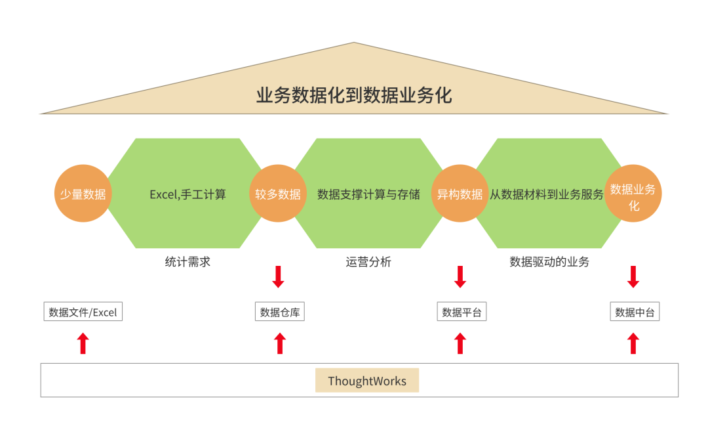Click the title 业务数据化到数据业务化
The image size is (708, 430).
(x=354, y=96)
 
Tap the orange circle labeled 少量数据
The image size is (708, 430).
(x=83, y=194)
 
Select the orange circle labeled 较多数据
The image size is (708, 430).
(x=278, y=194)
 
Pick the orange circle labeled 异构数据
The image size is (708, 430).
(x=460, y=194)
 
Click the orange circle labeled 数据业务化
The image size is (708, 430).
(x=633, y=194)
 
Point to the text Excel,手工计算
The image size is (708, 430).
(x=187, y=194)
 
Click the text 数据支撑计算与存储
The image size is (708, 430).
(x=368, y=194)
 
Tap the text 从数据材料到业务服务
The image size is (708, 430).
(x=547, y=194)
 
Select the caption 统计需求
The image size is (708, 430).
(x=187, y=262)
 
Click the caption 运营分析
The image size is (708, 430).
(x=368, y=262)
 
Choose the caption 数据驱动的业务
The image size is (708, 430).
(x=549, y=262)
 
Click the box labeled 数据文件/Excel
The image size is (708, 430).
(x=83, y=312)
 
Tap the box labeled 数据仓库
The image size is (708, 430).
(x=280, y=312)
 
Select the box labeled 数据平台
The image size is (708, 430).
(x=462, y=312)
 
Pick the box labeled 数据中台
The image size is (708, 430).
(x=635, y=312)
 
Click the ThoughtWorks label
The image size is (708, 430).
(x=367, y=381)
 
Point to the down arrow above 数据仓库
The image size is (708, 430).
(x=279, y=276)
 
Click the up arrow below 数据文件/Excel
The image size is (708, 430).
(x=83, y=343)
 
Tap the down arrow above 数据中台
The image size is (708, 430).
(x=633, y=276)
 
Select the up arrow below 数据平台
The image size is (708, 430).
(x=460, y=343)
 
